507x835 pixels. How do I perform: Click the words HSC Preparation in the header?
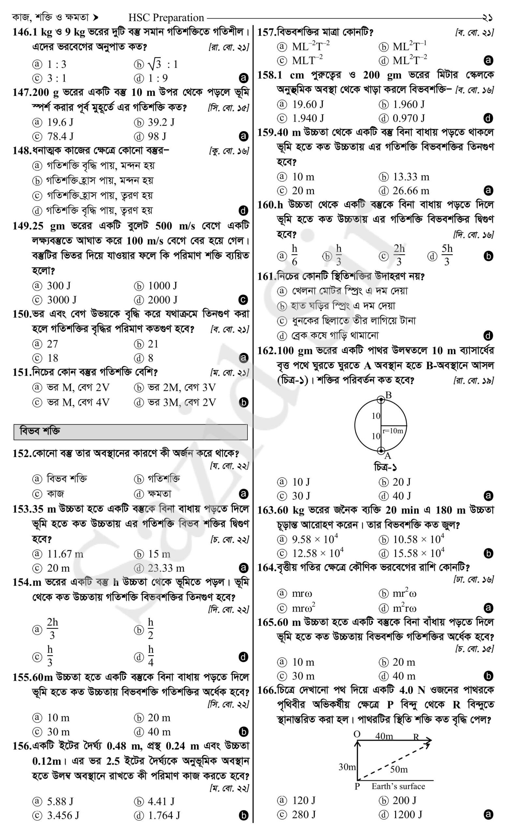[x=166, y=18]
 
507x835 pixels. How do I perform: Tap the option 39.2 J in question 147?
[x=161, y=122]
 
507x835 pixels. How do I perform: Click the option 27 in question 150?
[x=52, y=344]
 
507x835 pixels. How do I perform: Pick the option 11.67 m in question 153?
[x=65, y=554]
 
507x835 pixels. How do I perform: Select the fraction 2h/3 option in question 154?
[x=52, y=630]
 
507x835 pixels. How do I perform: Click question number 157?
[x=267, y=33]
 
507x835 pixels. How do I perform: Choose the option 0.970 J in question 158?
[x=409, y=118]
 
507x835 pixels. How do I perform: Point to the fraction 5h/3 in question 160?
[x=447, y=255]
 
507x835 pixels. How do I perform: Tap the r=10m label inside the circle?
[x=393, y=431]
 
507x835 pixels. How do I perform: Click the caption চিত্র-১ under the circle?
[x=381, y=468]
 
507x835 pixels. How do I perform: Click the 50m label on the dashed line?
[x=399, y=769]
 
